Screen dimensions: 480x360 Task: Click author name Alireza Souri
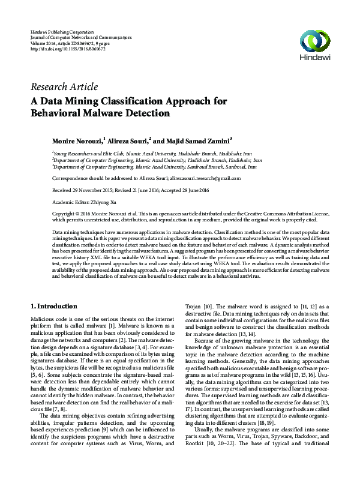point(128,140)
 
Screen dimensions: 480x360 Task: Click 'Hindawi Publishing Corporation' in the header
point(62,31)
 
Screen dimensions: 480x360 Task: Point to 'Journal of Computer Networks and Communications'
point(82,37)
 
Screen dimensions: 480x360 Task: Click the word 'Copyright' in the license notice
point(65,214)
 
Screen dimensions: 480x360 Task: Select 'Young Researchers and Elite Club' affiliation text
point(89,154)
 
